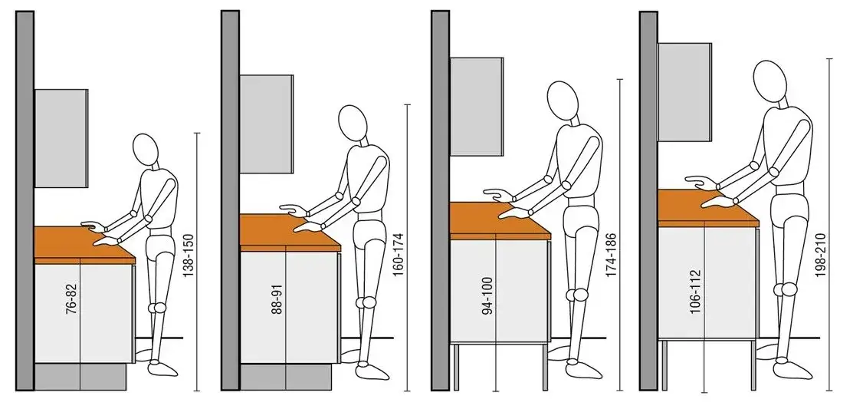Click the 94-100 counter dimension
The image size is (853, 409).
pos(488,295)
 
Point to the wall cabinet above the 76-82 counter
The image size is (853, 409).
pos(61,138)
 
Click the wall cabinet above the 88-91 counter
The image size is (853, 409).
pos(267,124)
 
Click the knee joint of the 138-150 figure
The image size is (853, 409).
pos(159,308)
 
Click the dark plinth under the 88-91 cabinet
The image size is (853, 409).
pos(286,376)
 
